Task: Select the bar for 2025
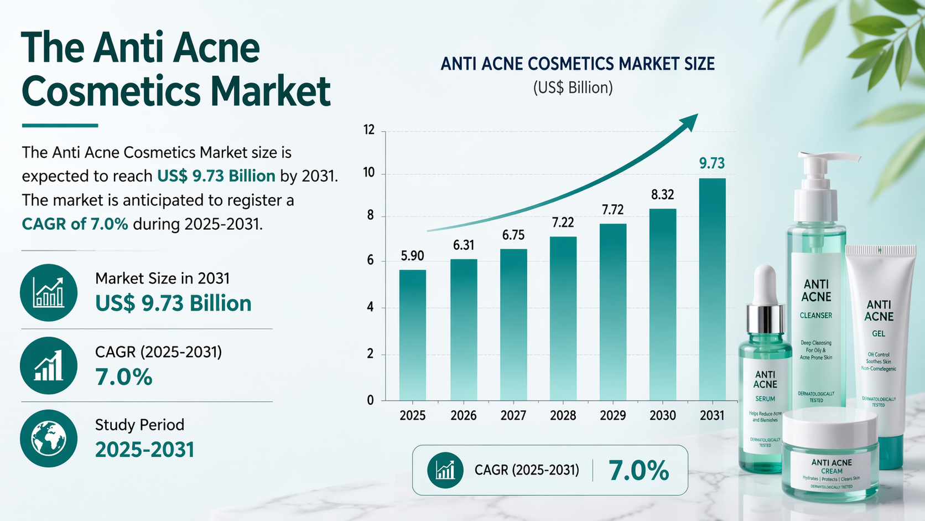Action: (413, 335)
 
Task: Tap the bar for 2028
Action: (563, 318)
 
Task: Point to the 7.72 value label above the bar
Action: (613, 210)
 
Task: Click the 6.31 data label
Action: (464, 245)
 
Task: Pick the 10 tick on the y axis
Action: (369, 173)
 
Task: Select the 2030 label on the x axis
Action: (663, 415)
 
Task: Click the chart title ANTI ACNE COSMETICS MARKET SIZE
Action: (578, 64)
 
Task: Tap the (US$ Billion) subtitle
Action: (573, 88)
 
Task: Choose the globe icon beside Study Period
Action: (49, 439)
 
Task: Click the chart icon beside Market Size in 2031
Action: (49, 292)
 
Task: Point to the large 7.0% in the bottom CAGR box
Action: (639, 471)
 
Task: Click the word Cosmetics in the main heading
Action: (113, 91)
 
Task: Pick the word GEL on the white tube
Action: (879, 334)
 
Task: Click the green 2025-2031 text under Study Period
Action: (145, 450)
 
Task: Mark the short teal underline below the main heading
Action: (60, 126)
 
